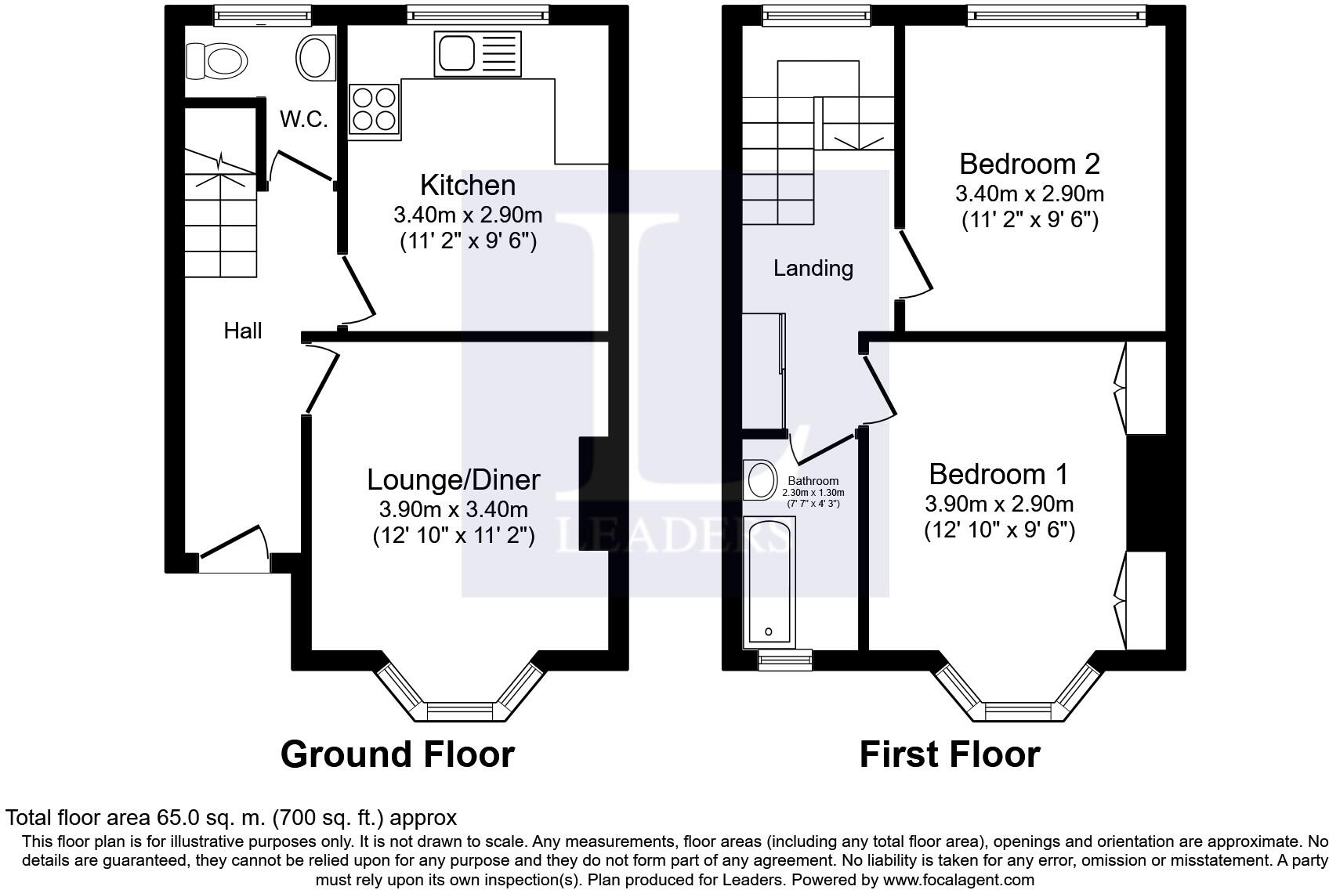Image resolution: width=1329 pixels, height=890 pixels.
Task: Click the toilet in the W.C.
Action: [216, 60]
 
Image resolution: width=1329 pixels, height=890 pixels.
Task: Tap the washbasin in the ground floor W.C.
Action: [315, 57]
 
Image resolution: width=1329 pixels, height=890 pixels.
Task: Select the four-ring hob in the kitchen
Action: [374, 110]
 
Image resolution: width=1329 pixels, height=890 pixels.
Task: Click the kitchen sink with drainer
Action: [478, 54]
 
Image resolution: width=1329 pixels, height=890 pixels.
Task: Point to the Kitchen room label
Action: [468, 185]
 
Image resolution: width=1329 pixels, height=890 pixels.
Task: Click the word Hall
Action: [243, 331]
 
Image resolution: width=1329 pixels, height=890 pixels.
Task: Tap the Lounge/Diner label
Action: [454, 480]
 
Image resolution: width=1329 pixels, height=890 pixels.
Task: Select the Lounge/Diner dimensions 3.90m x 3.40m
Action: [454, 509]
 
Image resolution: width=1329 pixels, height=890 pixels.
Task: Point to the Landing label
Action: [813, 269]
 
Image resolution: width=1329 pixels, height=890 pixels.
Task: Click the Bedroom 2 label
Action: [1030, 165]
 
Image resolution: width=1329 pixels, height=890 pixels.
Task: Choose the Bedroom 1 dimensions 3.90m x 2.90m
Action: [999, 504]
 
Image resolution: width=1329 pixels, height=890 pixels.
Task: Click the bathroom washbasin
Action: [761, 479]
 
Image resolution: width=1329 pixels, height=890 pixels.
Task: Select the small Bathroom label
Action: [813, 481]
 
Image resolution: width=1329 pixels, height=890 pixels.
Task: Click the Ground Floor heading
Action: [397, 754]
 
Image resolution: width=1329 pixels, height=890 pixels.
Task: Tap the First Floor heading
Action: [950, 754]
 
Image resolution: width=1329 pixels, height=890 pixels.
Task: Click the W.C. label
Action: [304, 120]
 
